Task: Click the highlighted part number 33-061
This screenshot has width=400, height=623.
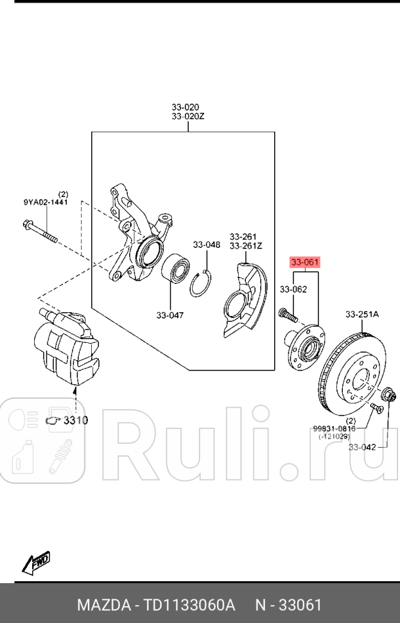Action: pyautogui.click(x=304, y=262)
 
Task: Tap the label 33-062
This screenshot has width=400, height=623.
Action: pyautogui.click(x=293, y=290)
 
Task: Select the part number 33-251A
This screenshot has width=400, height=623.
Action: pyautogui.click(x=362, y=314)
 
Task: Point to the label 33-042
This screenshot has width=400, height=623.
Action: pyautogui.click(x=362, y=447)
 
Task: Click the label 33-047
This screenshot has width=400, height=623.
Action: pyautogui.click(x=170, y=315)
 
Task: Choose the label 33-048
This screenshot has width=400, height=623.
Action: pyautogui.click(x=207, y=245)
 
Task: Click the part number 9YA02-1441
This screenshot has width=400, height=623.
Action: pyautogui.click(x=46, y=202)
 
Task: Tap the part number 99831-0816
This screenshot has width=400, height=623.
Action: pyautogui.click(x=334, y=428)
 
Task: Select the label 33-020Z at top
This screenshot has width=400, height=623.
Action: pyautogui.click(x=187, y=117)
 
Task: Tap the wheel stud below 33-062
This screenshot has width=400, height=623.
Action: pyautogui.click(x=286, y=315)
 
